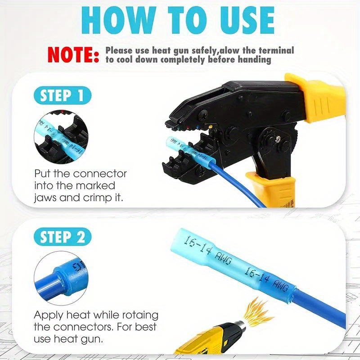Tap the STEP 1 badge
click(x=62, y=96)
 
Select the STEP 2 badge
click(x=62, y=237)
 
